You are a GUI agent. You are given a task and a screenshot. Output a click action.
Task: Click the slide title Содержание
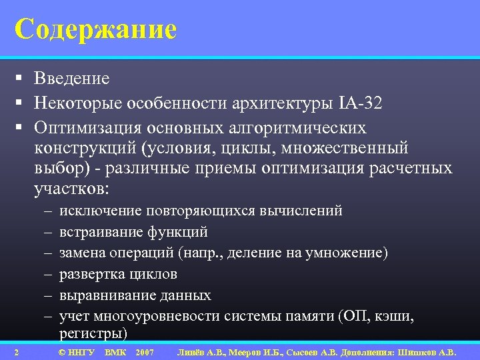point(95,29)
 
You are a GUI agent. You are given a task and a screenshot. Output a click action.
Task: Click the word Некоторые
point(81,103)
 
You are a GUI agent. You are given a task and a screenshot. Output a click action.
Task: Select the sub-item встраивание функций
point(133,232)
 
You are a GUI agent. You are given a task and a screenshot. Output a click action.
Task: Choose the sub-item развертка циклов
point(118,274)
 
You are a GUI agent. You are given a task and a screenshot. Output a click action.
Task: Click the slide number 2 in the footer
point(15,352)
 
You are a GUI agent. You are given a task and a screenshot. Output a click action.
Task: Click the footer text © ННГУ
point(77,352)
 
